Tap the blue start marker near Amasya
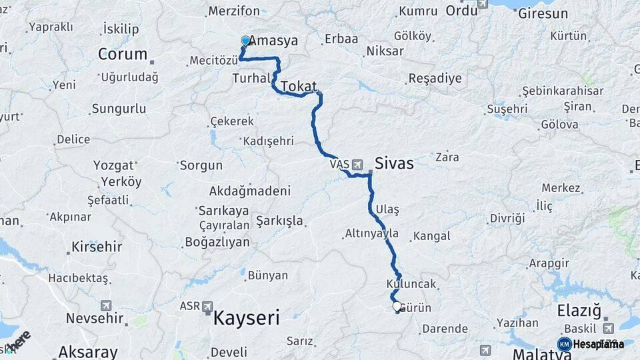(x=245, y=41)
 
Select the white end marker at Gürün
(x=397, y=307)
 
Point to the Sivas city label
(x=394, y=163)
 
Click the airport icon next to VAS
(x=357, y=164)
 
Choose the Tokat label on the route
(x=299, y=87)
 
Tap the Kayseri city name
(x=246, y=318)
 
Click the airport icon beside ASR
(x=208, y=307)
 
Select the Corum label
(x=123, y=54)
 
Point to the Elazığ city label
(x=579, y=311)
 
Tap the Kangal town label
(x=432, y=236)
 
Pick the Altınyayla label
(x=372, y=233)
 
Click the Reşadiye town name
(x=435, y=79)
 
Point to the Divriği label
(x=507, y=219)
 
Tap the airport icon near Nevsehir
(x=106, y=305)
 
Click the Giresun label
(x=543, y=13)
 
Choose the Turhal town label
(x=251, y=79)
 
